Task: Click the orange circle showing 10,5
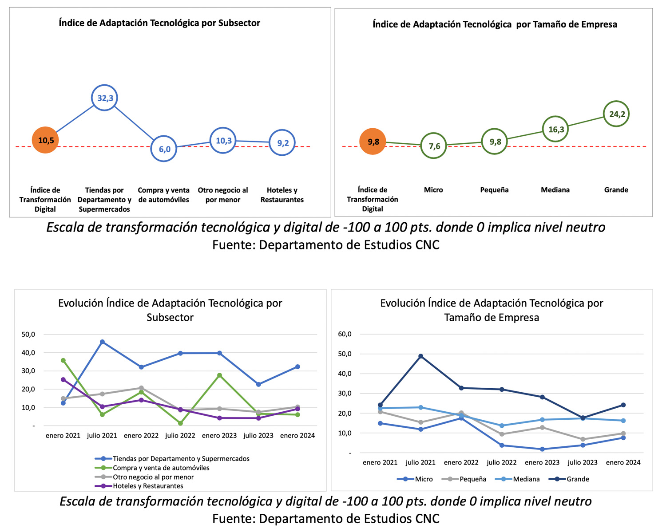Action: point(45,140)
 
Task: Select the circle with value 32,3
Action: point(105,98)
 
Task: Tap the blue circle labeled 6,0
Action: point(164,149)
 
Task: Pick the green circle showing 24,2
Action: point(616,114)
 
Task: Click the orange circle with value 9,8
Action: point(373,142)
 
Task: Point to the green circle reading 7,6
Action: point(434,146)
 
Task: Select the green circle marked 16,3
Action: point(555,129)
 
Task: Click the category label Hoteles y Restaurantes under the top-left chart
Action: point(282,195)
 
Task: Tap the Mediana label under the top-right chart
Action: point(555,189)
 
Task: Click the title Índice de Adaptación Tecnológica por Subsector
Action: point(159,23)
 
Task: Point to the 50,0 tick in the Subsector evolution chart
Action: point(28,335)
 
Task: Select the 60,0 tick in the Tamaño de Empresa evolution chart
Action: point(345,334)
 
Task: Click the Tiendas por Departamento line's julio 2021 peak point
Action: point(103,342)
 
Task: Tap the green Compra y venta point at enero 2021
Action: point(63,360)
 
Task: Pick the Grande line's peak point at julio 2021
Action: point(420,356)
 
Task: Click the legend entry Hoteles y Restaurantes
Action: point(139,486)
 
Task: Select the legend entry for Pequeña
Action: point(464,479)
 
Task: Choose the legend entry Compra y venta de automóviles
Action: point(152,468)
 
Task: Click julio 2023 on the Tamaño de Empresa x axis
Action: point(583,462)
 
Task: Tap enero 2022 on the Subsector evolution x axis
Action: point(141,436)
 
